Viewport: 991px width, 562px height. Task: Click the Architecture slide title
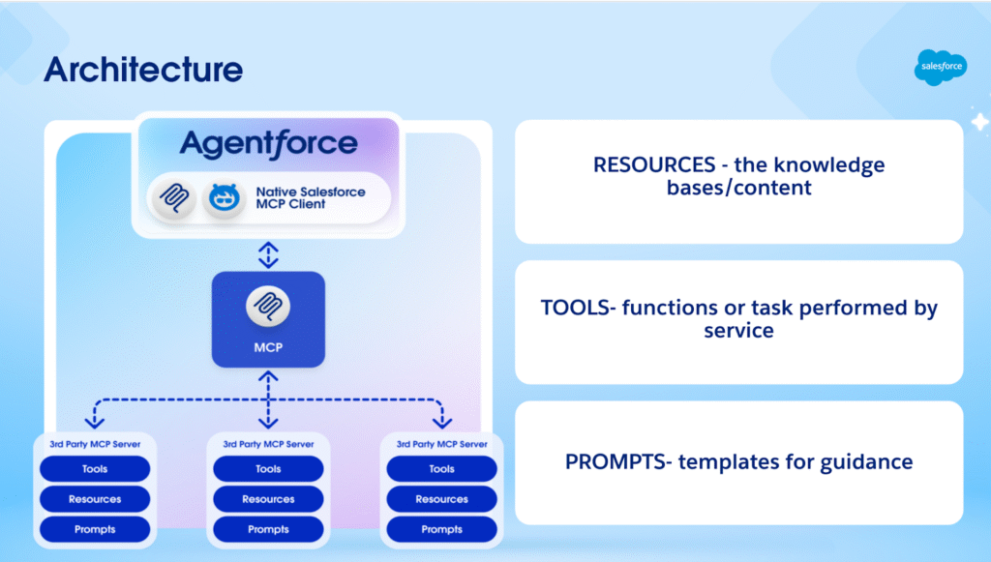pyautogui.click(x=143, y=70)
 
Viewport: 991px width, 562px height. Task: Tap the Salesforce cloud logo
pyautogui.click(x=940, y=66)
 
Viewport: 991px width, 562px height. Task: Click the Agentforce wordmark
pyautogui.click(x=268, y=144)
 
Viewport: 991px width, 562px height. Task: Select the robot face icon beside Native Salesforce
pyautogui.click(x=223, y=198)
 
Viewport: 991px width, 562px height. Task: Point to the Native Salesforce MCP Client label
pyautogui.click(x=311, y=198)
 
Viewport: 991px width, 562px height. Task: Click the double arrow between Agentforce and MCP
pyautogui.click(x=268, y=254)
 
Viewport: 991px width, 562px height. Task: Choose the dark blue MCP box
pyautogui.click(x=268, y=319)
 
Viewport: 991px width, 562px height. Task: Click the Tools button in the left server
pyautogui.click(x=95, y=469)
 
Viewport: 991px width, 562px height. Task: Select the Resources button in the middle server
pyautogui.click(x=268, y=499)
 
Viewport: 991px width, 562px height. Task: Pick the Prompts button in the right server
pyautogui.click(x=441, y=529)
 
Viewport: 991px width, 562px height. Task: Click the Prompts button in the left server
pyautogui.click(x=95, y=529)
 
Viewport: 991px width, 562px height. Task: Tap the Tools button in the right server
pyautogui.click(x=441, y=469)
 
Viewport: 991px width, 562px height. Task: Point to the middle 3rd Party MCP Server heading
pyautogui.click(x=268, y=444)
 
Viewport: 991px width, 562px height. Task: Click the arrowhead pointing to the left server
pyautogui.click(x=95, y=422)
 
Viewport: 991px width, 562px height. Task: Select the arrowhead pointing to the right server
pyautogui.click(x=441, y=422)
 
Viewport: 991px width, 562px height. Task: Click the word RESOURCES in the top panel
pyautogui.click(x=649, y=165)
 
